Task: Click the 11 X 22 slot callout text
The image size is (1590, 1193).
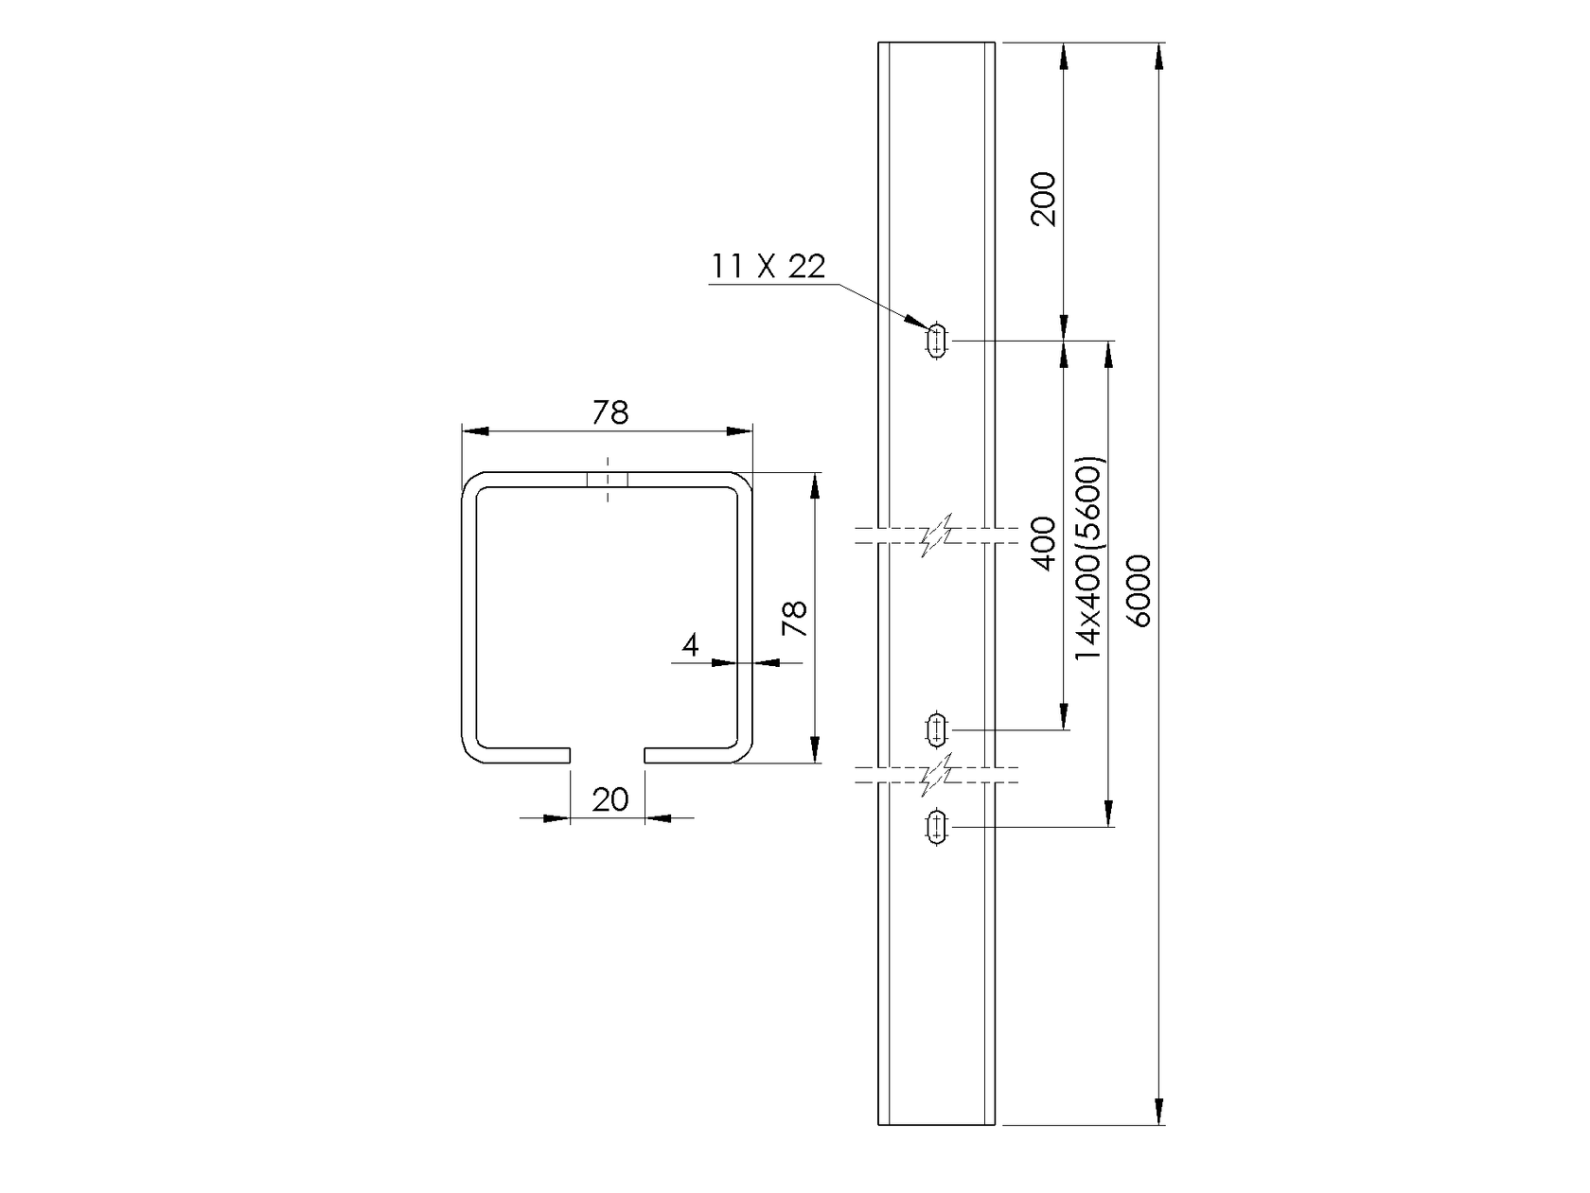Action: tap(768, 267)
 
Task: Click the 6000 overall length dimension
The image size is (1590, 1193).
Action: tap(1139, 590)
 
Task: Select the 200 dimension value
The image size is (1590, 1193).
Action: tap(1043, 199)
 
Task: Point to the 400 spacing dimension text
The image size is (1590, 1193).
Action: tap(1043, 543)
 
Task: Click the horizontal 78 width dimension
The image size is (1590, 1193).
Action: tap(610, 412)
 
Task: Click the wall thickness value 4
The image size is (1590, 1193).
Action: tap(690, 645)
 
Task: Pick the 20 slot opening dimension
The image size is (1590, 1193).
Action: tap(609, 800)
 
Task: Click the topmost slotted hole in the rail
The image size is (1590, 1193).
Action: tap(937, 340)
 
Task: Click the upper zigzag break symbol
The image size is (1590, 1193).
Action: tap(936, 535)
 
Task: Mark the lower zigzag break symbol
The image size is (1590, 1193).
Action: tap(936, 775)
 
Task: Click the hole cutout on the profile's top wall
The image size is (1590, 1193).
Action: tap(608, 480)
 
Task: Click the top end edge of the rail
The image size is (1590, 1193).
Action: tap(936, 43)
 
